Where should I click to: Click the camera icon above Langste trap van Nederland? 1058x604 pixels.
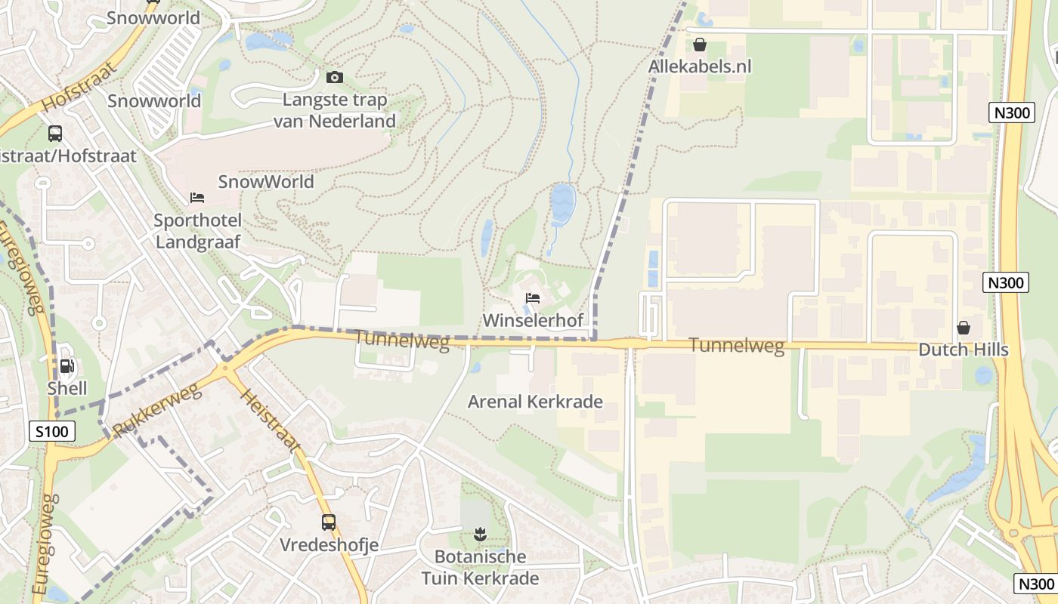tap(334, 77)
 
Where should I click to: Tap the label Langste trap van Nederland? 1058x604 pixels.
tap(334, 110)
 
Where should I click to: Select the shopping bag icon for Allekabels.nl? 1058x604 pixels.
tap(700, 45)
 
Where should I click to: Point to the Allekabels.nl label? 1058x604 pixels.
tap(700, 66)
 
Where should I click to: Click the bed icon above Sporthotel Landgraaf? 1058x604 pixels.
tap(197, 198)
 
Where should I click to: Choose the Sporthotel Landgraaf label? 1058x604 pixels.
tap(197, 232)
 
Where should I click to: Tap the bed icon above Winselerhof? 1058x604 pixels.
tap(533, 299)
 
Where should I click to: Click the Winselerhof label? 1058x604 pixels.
tap(533, 320)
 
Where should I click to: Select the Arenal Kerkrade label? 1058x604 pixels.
tap(535, 401)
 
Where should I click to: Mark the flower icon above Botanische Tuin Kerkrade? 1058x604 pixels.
tap(479, 535)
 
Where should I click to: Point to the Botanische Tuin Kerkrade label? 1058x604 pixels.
tap(481, 568)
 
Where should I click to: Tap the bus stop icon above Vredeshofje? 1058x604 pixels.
tap(329, 522)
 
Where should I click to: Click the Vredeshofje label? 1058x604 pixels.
tap(329, 544)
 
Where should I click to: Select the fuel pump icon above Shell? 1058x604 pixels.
tap(67, 366)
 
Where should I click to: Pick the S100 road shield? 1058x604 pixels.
tap(53, 432)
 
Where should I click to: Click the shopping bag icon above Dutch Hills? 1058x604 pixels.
tap(964, 328)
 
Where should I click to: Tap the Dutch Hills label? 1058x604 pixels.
tap(964, 350)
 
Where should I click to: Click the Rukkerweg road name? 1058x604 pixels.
tap(157, 411)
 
